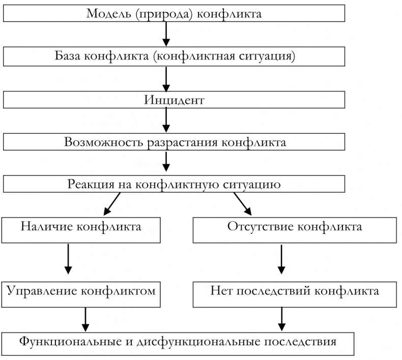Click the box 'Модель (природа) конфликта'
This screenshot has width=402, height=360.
point(174,14)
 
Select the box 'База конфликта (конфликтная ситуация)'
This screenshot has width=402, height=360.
point(174,56)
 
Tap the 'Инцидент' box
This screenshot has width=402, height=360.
point(174,99)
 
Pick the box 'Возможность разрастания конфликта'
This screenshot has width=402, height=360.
point(174,142)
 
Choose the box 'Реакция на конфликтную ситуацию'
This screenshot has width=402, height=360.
point(174,184)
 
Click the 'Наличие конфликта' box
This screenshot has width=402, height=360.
point(81,229)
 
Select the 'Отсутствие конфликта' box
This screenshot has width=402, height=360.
point(295,229)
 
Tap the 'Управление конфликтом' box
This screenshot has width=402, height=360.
point(81,293)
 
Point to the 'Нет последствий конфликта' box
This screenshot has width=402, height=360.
point(295,293)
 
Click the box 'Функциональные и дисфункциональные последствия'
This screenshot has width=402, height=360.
point(178,343)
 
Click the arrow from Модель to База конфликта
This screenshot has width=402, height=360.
point(166,34)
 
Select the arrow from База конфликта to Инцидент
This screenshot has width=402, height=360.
point(166,77)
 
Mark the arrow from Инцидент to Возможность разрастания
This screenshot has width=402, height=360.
point(166,120)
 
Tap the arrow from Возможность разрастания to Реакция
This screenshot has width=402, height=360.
point(166,163)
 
